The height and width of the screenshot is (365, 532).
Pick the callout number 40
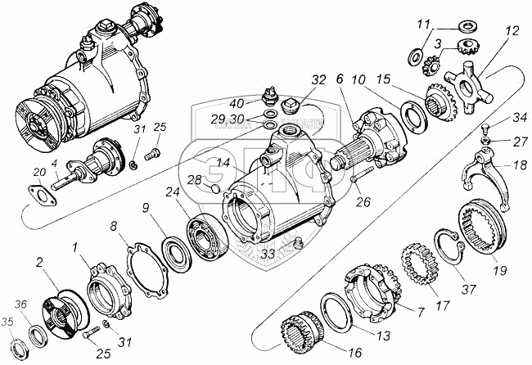[237, 103]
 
